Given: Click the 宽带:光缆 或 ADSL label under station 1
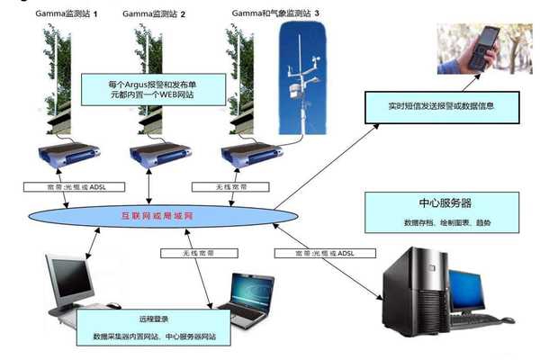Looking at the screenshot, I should pos(58,187).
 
